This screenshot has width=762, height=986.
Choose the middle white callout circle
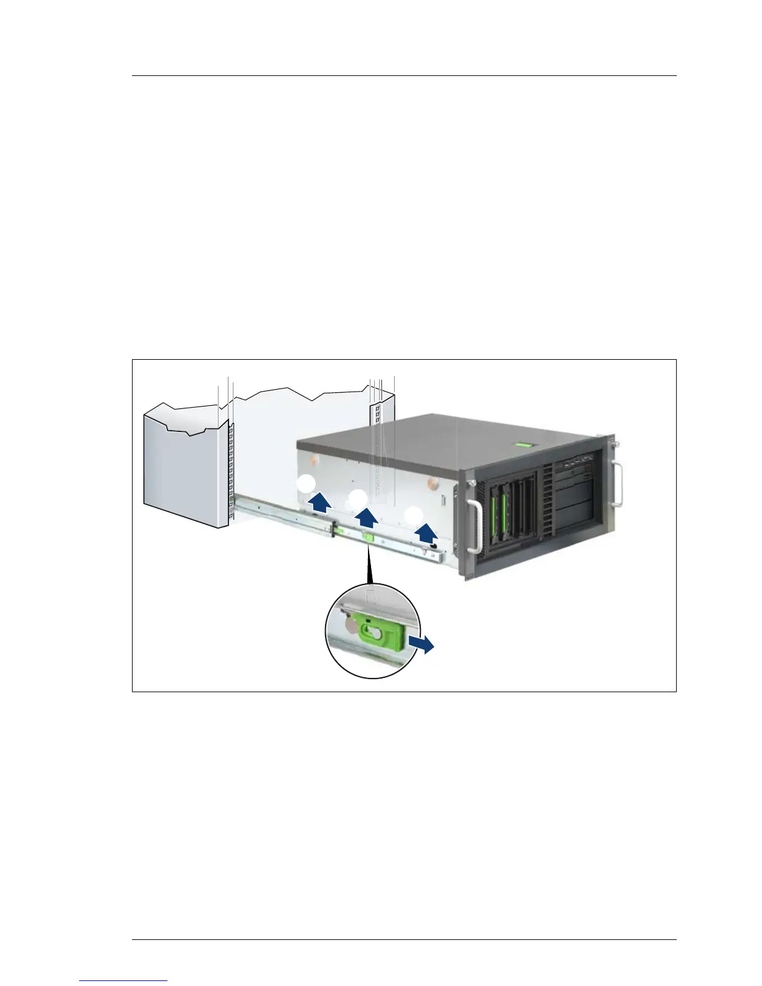357,499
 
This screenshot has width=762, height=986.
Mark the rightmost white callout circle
414,515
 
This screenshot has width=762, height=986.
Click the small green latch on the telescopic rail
369,538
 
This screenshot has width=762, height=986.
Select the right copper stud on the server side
431,483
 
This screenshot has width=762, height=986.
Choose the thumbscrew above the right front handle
617,444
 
